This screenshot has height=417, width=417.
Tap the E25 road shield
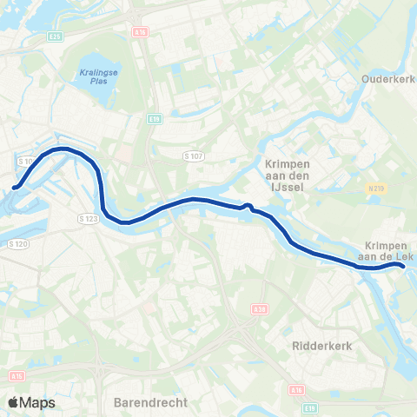click(x=56, y=36)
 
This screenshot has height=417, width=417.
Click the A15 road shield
click(x=18, y=375)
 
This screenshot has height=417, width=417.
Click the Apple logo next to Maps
click(x=14, y=402)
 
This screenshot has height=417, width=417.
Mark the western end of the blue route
click(x=15, y=186)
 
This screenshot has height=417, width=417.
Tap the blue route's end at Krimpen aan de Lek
click(x=402, y=267)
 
